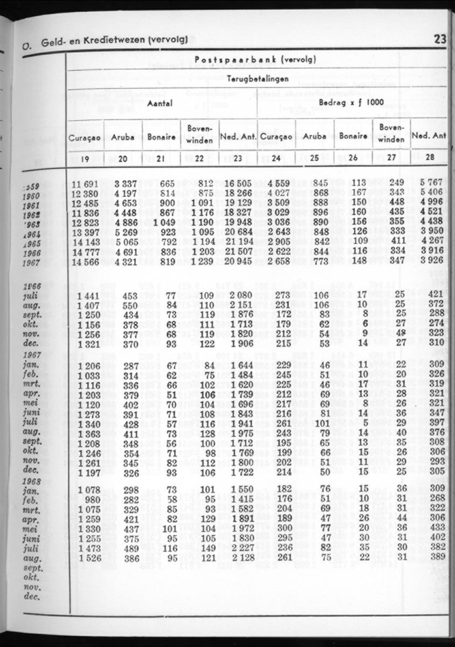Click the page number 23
[439, 39]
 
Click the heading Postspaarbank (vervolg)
[255, 59]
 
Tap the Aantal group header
[161, 104]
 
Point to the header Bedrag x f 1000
[351, 101]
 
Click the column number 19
[85, 158]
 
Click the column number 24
[276, 158]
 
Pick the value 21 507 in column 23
[238, 251]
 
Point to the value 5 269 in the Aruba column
[123, 233]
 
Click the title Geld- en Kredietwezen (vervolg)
[114, 39]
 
